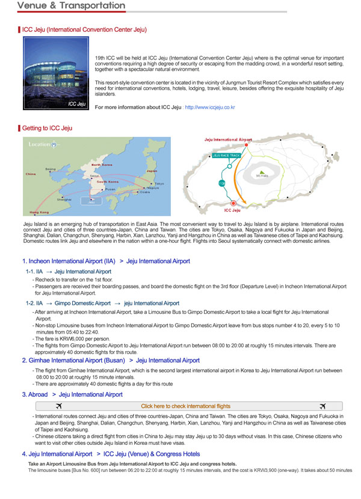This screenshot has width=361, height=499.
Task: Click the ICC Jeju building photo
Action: (x=55, y=73)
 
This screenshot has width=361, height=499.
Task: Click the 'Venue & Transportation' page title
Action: (x=72, y=6)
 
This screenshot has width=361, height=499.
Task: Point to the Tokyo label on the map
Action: (x=159, y=183)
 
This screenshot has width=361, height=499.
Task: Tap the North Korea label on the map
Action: (x=102, y=165)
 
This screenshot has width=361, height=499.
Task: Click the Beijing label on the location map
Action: (x=51, y=169)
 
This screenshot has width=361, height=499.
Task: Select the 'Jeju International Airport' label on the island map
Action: (x=228, y=139)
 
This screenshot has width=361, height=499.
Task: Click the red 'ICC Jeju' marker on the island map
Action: (x=233, y=204)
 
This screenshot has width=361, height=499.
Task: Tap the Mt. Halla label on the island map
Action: (x=262, y=176)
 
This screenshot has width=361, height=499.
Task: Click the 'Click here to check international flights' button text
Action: (x=185, y=406)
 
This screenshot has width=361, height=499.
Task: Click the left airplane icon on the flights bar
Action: (x=58, y=406)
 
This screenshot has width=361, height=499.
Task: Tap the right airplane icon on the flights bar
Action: (x=323, y=406)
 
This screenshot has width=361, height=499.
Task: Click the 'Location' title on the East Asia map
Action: (x=40, y=144)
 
